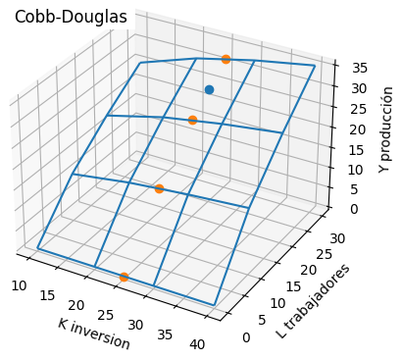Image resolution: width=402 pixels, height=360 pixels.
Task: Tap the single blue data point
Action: tap(209, 89)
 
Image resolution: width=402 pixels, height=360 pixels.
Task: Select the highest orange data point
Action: tap(226, 60)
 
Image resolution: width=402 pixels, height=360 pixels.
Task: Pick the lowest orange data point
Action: tap(124, 278)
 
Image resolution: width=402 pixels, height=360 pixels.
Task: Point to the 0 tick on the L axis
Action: tap(245, 336)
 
